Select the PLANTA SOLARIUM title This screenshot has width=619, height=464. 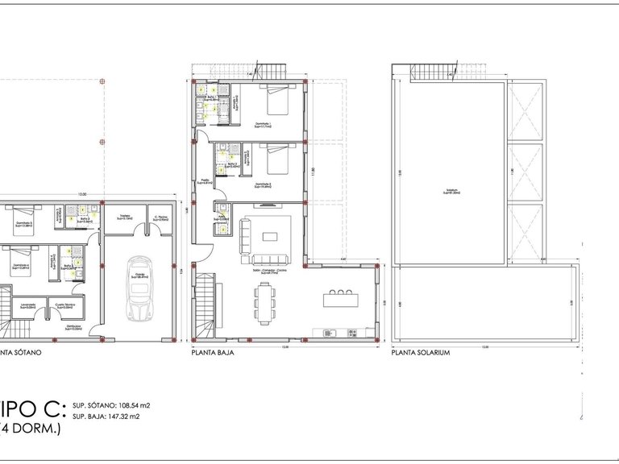[419, 353]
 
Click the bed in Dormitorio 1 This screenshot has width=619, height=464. [278, 101]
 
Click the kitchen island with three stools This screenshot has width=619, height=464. [340, 299]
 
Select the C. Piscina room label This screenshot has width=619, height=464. [160, 217]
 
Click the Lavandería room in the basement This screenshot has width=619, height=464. [28, 305]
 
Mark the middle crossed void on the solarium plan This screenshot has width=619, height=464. [524, 173]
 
